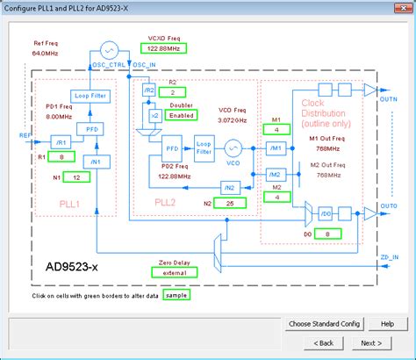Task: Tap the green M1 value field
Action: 276,130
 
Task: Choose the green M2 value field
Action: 276,197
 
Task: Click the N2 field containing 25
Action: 230,203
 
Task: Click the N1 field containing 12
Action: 76,176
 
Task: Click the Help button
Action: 387,324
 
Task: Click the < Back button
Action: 322,342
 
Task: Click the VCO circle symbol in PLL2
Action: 233,147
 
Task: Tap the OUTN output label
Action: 390,99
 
